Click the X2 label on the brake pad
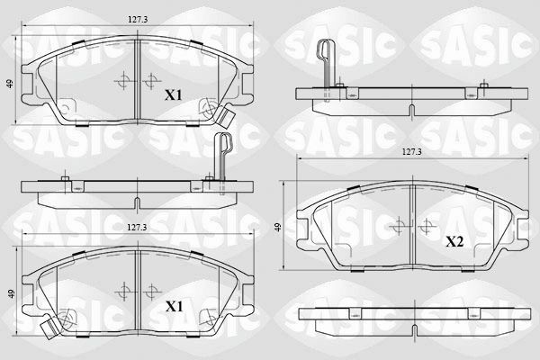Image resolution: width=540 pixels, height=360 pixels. pos(454,241)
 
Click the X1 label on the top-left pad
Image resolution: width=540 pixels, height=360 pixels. pos(174,94)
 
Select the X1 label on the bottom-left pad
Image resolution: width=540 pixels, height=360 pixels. pos(174,307)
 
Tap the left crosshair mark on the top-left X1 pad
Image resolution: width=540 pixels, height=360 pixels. pos(121,81)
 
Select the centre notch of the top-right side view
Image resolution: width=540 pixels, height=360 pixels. pos(410,110)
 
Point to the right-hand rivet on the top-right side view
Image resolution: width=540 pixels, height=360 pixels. pos(483,88)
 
